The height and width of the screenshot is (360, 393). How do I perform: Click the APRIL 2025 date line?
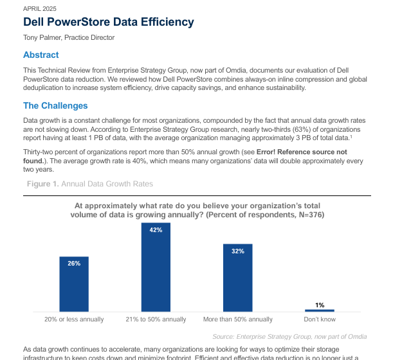(40, 9)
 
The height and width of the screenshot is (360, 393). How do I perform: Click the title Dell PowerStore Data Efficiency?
(109, 22)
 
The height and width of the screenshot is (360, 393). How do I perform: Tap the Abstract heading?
(41, 55)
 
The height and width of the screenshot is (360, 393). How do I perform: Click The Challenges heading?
(55, 105)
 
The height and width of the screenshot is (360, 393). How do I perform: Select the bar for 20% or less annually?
(74, 284)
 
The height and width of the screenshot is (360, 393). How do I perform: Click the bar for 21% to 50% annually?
(156, 267)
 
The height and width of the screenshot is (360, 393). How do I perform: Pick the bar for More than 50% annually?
(237, 278)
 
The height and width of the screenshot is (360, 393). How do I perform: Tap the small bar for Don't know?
(319, 310)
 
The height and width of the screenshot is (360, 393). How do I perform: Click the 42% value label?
(156, 230)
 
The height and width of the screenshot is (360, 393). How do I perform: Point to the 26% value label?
(74, 264)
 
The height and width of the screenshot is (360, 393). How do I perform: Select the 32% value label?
(237, 251)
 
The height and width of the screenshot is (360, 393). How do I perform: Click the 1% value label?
(319, 305)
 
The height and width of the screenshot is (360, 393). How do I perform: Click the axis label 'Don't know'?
(319, 319)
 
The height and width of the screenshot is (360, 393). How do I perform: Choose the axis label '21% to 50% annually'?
(156, 319)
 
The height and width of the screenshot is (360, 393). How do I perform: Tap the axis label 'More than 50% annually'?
(237, 319)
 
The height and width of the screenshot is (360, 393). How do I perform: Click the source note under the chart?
(289, 336)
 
